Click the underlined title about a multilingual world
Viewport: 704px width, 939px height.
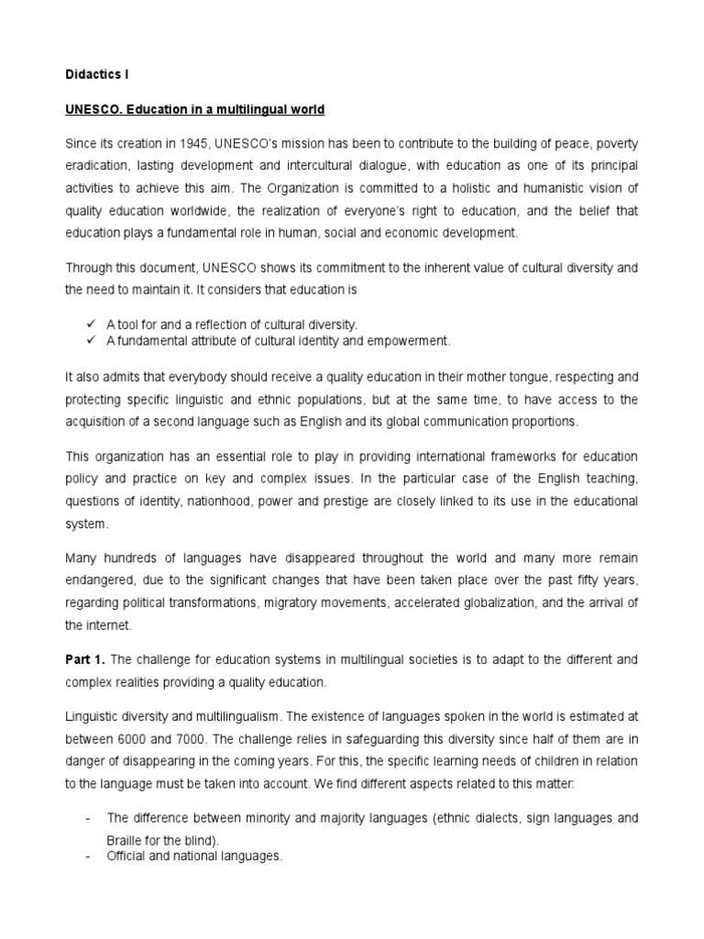point(195,110)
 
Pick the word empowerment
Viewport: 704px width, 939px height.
point(411,341)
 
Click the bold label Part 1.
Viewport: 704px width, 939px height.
point(85,659)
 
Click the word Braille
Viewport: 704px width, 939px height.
point(127,839)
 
